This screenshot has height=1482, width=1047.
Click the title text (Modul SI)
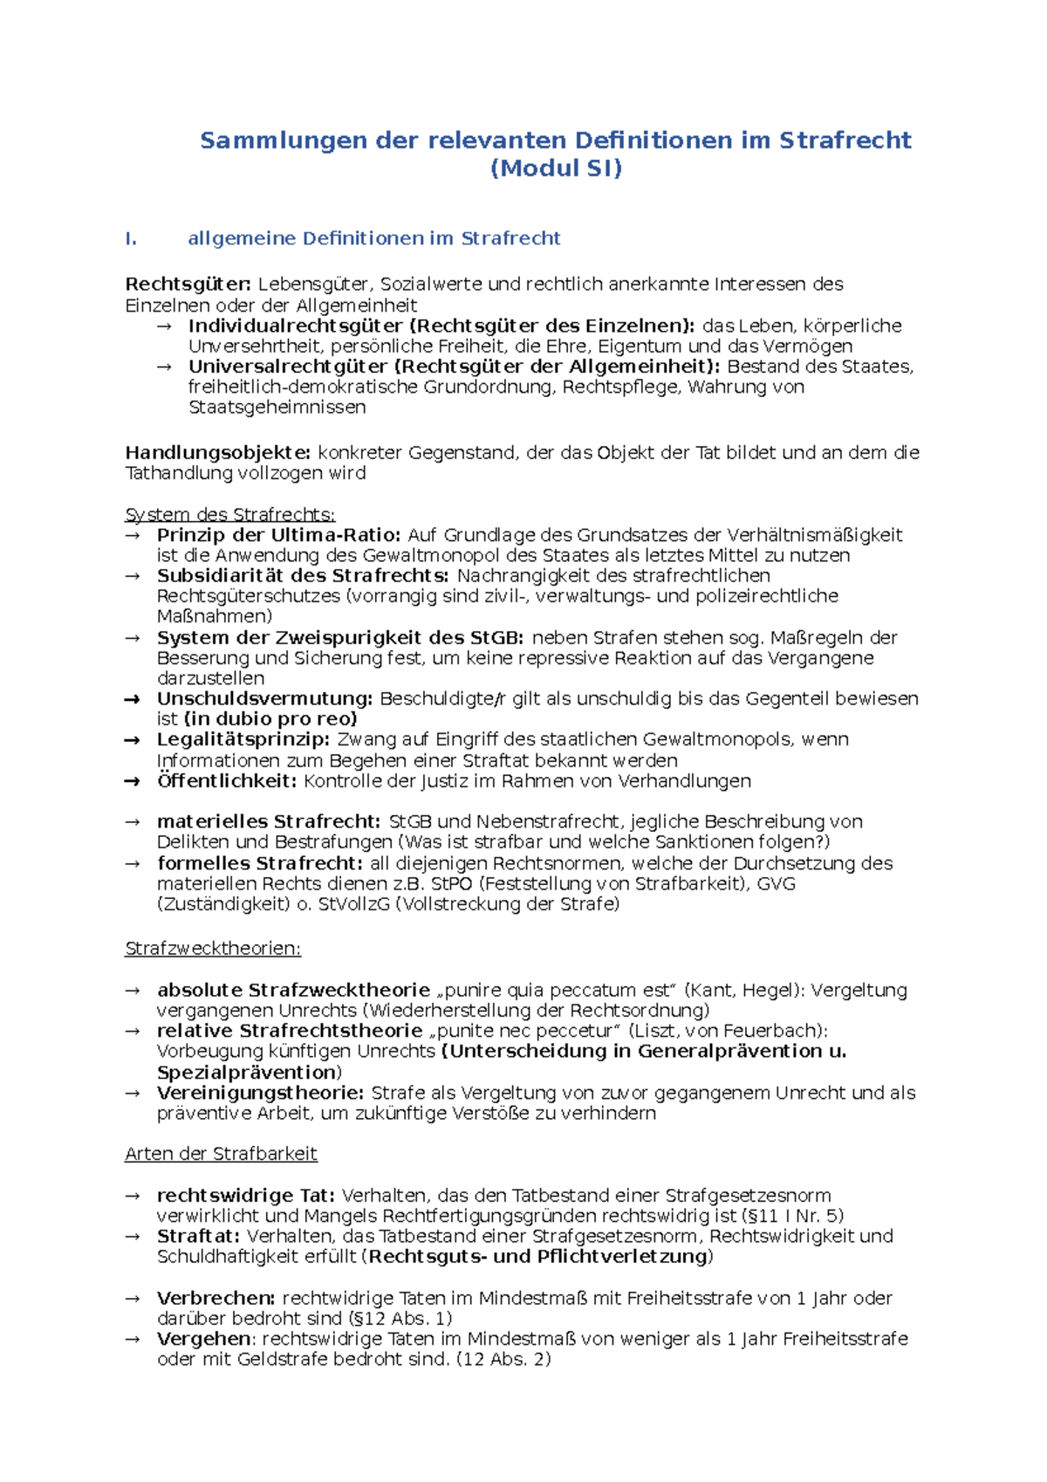[x=556, y=168]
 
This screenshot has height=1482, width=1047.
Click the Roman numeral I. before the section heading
[x=131, y=238]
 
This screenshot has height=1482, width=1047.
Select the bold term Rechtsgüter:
[x=188, y=285]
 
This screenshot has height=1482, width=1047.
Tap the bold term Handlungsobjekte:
[x=217, y=453]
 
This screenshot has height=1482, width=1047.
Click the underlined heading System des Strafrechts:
[x=230, y=515]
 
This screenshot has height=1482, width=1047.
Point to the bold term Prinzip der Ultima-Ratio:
[x=278, y=535]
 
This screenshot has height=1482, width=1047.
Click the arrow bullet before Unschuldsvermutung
[x=132, y=699]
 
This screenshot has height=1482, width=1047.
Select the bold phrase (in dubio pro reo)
[x=270, y=719]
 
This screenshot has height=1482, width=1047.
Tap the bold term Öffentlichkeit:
[x=227, y=781]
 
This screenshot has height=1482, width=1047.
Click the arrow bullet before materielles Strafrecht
[x=132, y=822]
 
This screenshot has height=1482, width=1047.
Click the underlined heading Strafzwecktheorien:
[x=213, y=949]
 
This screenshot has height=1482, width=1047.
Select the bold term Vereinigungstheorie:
[x=260, y=1093]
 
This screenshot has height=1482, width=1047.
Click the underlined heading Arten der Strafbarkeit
[x=221, y=1154]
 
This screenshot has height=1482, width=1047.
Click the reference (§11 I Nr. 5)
[x=791, y=1216]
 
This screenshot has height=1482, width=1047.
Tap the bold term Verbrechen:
[x=216, y=1299]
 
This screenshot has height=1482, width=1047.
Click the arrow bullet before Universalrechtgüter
[x=163, y=367]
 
